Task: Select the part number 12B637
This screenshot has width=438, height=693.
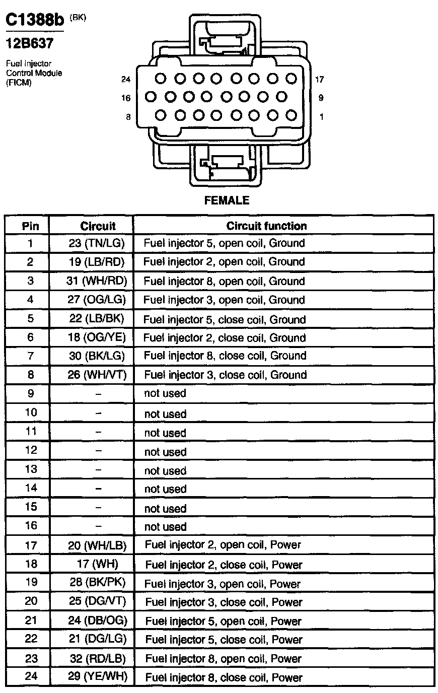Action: (x=29, y=44)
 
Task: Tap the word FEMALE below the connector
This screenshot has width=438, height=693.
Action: (x=227, y=200)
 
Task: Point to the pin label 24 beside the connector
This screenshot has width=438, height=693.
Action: (x=126, y=79)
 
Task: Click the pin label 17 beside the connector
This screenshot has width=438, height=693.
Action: (x=319, y=79)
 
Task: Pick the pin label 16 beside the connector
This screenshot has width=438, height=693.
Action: (x=126, y=98)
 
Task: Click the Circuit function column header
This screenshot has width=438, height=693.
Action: (x=266, y=226)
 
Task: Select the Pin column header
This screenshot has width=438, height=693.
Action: (x=31, y=226)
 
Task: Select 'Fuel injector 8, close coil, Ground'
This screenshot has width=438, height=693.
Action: (x=225, y=356)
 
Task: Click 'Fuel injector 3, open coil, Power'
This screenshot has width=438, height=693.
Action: (x=223, y=584)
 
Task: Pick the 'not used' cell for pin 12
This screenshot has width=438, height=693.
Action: (x=165, y=452)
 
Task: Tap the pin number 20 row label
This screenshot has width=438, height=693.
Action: (x=31, y=601)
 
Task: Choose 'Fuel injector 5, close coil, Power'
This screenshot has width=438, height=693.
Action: (x=224, y=640)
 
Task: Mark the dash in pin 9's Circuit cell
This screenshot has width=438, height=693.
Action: (x=98, y=393)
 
